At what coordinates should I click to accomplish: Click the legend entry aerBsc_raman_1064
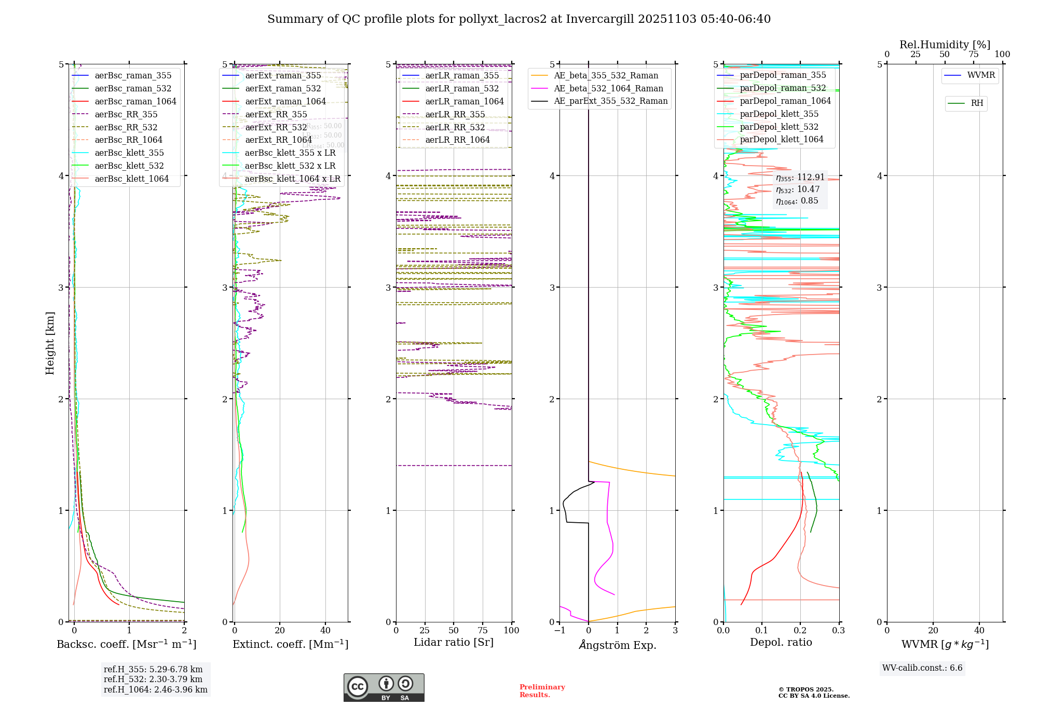tap(135, 102)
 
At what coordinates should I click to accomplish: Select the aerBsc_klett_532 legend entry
tap(129, 166)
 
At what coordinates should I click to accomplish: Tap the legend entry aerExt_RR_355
tap(276, 115)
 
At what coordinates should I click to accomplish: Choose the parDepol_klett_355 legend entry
tap(778, 114)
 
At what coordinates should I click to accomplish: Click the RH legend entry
tap(977, 103)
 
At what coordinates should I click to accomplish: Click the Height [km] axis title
tap(50, 343)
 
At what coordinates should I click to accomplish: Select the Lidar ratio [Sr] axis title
tap(453, 643)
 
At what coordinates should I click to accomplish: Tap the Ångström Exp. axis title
tap(618, 645)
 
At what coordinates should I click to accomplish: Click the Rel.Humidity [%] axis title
tap(945, 45)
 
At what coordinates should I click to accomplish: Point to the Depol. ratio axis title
tap(781, 643)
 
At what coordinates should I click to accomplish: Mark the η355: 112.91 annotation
tap(800, 178)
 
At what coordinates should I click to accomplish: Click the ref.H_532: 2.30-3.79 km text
tap(153, 679)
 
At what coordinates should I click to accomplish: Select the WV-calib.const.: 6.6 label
tap(922, 668)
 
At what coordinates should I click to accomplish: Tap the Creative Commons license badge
tap(384, 687)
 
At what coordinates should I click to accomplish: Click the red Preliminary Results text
tap(542, 691)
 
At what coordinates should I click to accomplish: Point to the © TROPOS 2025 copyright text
tap(805, 689)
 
